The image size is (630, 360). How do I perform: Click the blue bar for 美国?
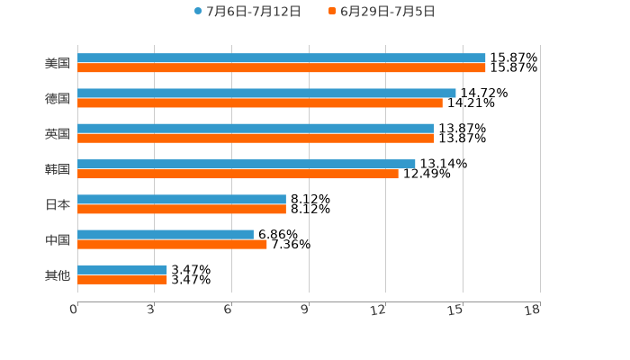pyautogui.click(x=282, y=58)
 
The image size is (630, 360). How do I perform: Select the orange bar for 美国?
pyautogui.click(x=282, y=68)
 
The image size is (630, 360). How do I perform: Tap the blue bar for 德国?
pyautogui.click(x=266, y=94)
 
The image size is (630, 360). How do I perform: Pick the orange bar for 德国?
pyautogui.click(x=260, y=103)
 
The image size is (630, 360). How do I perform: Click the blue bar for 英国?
pyautogui.click(x=256, y=129)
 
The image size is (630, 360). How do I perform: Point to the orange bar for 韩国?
pyautogui.click(x=238, y=174)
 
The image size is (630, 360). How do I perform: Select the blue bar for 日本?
pyautogui.click(x=182, y=200)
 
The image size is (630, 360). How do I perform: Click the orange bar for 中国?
pyautogui.click(x=172, y=244)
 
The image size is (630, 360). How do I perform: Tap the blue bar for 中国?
pyautogui.click(x=166, y=235)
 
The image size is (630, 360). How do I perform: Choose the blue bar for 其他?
pyautogui.click(x=122, y=270)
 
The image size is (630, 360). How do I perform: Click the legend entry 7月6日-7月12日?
pyautogui.click(x=247, y=12)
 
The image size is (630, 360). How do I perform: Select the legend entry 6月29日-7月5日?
pyautogui.click(x=382, y=12)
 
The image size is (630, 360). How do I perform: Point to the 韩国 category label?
pyautogui.click(x=58, y=169)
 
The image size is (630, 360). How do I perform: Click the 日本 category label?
pyautogui.click(x=58, y=204)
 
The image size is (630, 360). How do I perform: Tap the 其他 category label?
pyautogui.click(x=58, y=274)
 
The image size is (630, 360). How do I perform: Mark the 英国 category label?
pyautogui.click(x=58, y=134)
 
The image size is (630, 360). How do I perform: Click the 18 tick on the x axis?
pyautogui.click(x=533, y=310)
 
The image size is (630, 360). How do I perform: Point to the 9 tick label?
pyautogui.click(x=305, y=310)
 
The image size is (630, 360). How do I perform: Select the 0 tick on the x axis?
pyautogui.click(x=75, y=310)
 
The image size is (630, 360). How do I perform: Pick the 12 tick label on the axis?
pyautogui.click(x=379, y=310)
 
